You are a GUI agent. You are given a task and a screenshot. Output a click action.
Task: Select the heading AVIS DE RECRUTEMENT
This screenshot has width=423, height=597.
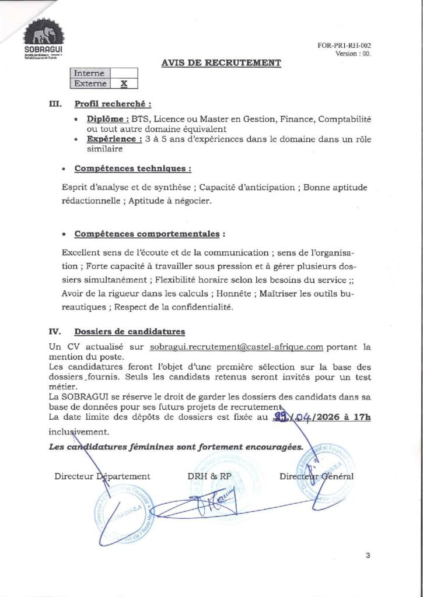(221, 63)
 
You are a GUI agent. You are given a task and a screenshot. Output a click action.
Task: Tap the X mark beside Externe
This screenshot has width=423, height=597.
(124, 83)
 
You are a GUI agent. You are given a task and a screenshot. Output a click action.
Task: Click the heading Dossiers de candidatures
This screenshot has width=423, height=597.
(130, 332)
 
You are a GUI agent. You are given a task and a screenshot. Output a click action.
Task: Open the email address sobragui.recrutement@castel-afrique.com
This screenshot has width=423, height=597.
(236, 347)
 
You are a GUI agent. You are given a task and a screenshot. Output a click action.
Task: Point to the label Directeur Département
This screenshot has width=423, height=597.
(102, 476)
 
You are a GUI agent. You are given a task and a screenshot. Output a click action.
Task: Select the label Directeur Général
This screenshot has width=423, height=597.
(316, 476)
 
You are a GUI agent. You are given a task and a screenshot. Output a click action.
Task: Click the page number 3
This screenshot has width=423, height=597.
(368, 555)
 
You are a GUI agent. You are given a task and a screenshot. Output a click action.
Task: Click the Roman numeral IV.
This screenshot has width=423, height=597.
(55, 332)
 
